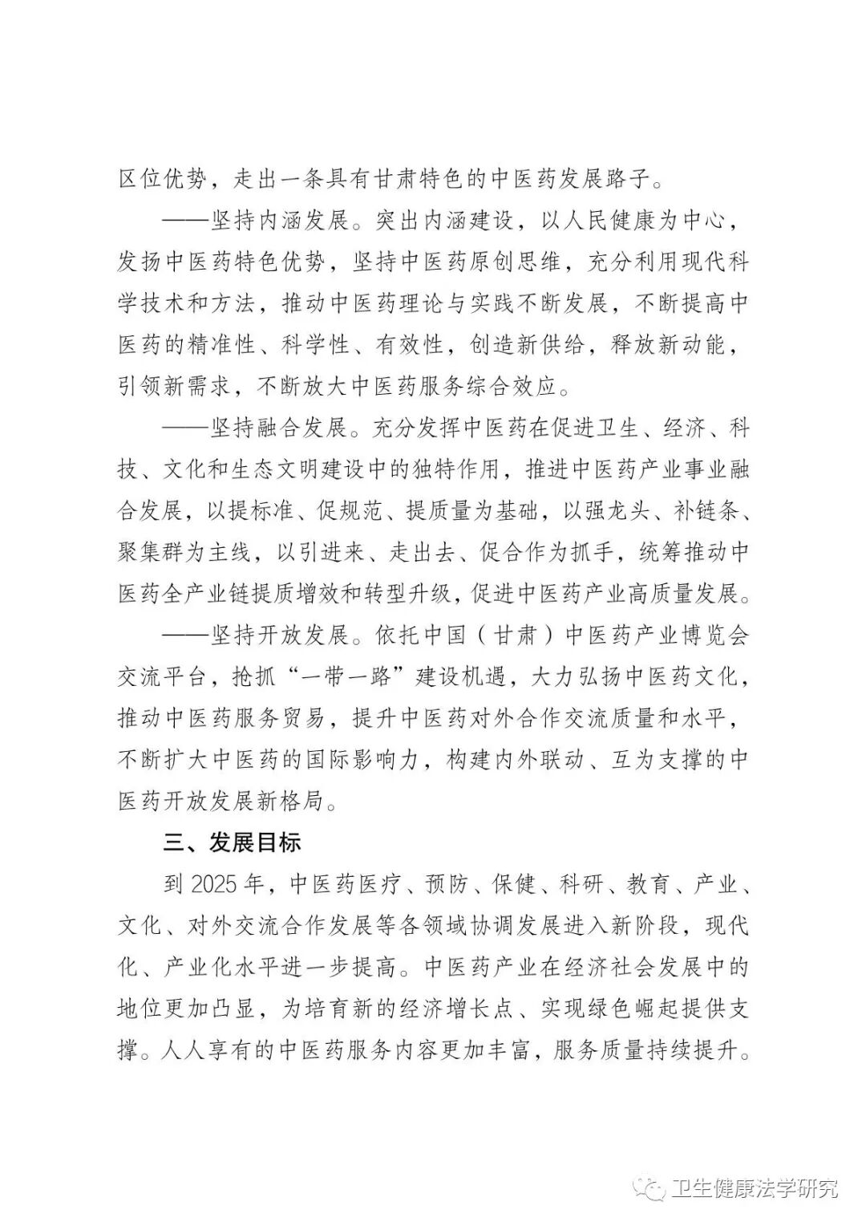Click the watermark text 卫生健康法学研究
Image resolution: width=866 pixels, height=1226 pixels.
(x=754, y=1188)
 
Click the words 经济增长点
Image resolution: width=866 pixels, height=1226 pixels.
(x=433, y=1009)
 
